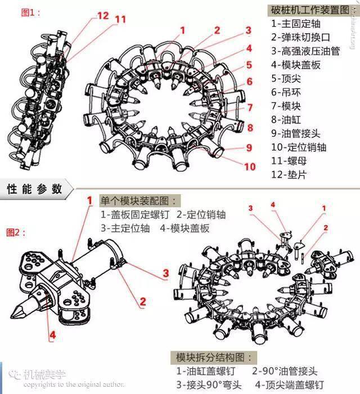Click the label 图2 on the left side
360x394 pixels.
tap(15, 232)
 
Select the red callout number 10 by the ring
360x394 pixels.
tap(250, 166)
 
